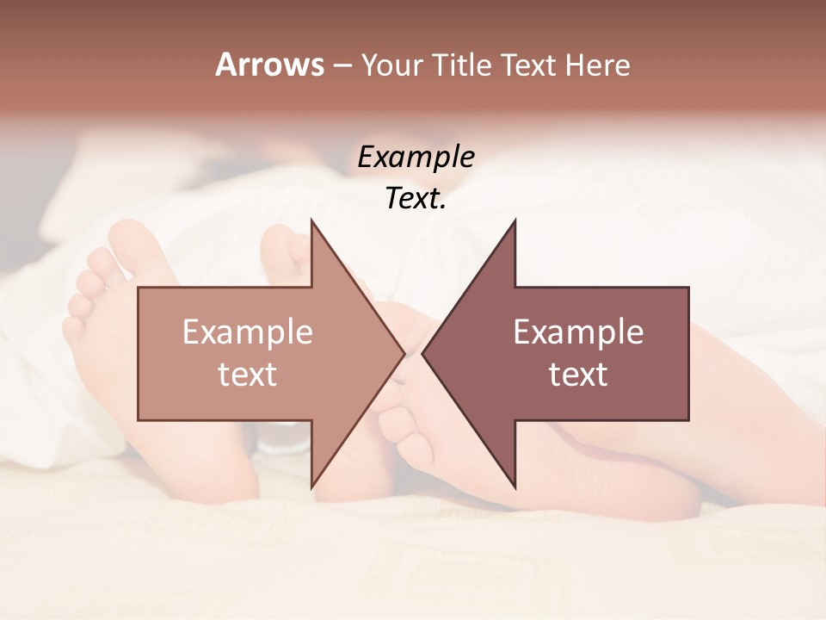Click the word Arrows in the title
point(269,65)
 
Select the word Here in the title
point(598,65)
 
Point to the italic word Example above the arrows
point(416,158)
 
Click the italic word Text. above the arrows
point(416,199)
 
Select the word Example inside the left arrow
point(247,332)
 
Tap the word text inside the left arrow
point(247,375)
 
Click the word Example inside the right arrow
point(578,332)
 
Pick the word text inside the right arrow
point(578,375)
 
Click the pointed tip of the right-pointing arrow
point(404,353)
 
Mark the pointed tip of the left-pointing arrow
point(422,353)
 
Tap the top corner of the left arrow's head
point(311,221)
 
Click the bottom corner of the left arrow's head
point(311,487)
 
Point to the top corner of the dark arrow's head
point(515,221)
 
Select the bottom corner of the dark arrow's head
point(515,487)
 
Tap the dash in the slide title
point(342,65)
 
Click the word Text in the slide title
point(531,65)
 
